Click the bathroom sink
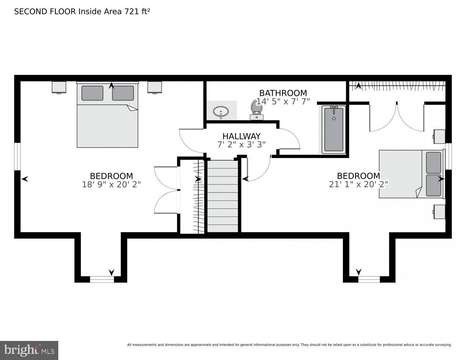coord(220,111)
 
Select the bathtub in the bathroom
coord(334,129)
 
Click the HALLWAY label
coord(241,136)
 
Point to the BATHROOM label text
coord(283,93)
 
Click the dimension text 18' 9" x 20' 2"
coord(111,184)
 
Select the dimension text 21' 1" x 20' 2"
coord(358,184)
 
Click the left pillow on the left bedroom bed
coord(92,93)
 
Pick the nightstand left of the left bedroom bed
coord(59,87)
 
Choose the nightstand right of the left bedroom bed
coord(155,87)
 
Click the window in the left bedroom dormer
coord(102,279)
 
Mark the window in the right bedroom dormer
coord(369,279)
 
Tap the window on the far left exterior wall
coord(17,156)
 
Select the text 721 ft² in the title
coord(137,12)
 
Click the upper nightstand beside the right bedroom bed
coord(439,136)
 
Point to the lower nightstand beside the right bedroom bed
coord(439,212)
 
